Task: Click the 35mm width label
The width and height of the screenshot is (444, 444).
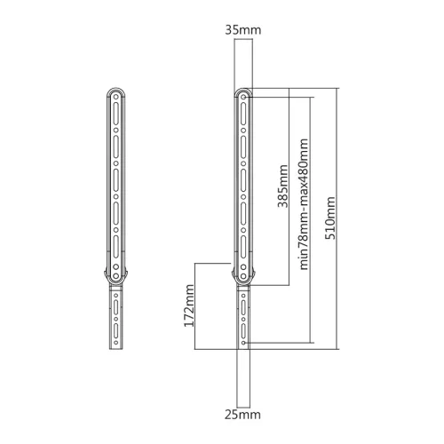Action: [243, 30]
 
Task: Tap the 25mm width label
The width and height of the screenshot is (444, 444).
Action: [242, 415]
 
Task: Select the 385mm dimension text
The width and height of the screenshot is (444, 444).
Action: [282, 186]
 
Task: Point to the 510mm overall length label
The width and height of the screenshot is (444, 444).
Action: [330, 218]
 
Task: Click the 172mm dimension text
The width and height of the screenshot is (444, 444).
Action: [189, 305]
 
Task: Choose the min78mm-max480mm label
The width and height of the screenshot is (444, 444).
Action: [304, 204]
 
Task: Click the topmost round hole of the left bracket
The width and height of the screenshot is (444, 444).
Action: [116, 97]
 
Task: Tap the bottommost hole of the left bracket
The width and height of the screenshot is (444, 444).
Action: [116, 343]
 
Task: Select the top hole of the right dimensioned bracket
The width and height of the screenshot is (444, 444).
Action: [243, 97]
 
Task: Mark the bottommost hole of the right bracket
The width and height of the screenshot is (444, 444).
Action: [243, 343]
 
